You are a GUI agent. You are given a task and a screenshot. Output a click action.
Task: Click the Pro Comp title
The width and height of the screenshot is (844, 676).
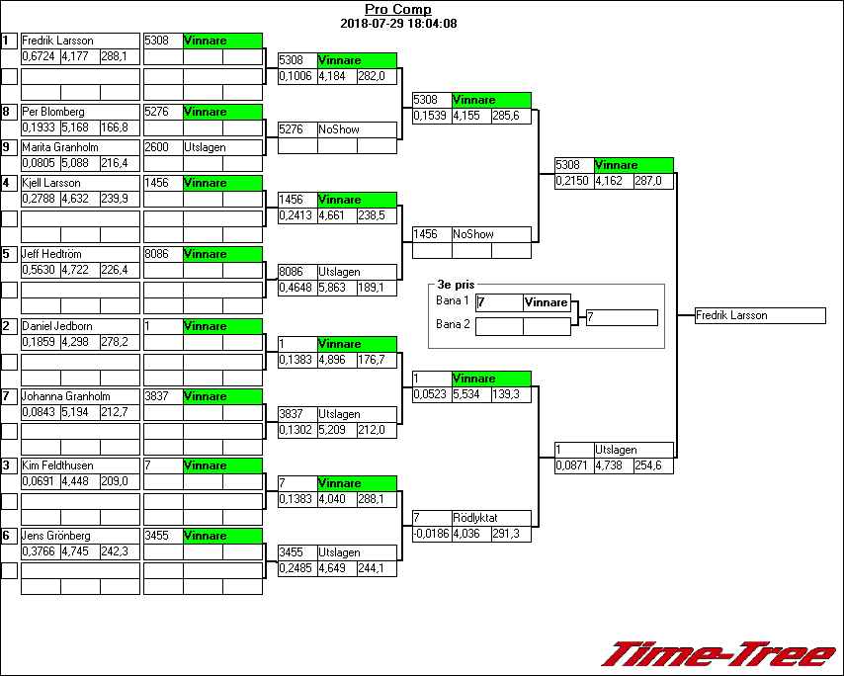[397, 10]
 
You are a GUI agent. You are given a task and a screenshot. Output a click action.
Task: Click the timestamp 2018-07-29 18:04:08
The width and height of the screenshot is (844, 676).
[397, 23]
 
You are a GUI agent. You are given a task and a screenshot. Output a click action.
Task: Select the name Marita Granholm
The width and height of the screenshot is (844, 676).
[60, 147]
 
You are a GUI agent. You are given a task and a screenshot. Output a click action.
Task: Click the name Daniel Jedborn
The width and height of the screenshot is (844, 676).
[57, 326]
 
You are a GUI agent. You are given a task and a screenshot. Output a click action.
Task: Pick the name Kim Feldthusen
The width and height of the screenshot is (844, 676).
[59, 465]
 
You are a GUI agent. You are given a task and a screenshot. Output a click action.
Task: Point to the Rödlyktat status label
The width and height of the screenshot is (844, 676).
[474, 518]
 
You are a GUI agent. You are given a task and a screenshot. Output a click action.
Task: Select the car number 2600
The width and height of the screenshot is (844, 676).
[156, 147]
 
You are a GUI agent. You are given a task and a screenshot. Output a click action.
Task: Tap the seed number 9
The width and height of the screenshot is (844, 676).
[7, 147]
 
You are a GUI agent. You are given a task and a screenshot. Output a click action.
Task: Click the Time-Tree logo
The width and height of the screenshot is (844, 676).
[718, 654]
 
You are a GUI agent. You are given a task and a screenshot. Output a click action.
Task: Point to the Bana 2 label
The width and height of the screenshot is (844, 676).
[453, 323]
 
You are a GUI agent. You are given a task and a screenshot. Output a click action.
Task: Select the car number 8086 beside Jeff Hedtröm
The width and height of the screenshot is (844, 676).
[156, 254]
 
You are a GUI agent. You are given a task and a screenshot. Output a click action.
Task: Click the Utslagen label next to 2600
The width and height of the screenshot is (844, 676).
[206, 147]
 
